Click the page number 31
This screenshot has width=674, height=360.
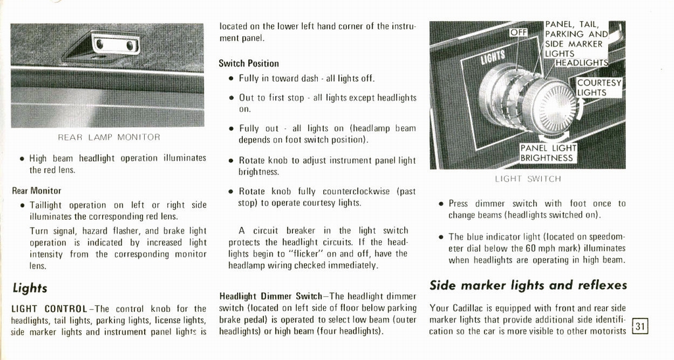coord(640,326)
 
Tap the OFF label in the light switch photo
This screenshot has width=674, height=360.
coord(519,32)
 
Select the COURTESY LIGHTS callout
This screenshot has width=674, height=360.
coord(599,88)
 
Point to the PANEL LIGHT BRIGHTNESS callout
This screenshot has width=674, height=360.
coord(548,153)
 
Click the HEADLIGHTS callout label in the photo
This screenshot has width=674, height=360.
coord(582,63)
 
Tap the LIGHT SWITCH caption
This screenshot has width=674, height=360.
coord(528,179)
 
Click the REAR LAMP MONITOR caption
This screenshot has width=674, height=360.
coord(109,138)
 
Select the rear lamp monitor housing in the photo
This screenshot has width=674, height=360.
coord(115,44)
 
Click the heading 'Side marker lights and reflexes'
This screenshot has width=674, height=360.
coord(528,285)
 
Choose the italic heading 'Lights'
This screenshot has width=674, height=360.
coord(29,288)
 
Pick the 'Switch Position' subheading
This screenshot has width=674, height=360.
coord(249,64)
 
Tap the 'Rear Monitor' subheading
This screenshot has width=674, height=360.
coord(36,191)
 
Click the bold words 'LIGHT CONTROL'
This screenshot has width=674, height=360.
coord(49,309)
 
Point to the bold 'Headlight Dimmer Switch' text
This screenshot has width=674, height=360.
coord(270,297)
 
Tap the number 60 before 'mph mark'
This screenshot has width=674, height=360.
coord(531,249)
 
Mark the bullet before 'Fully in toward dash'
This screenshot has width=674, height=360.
coord(231,79)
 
